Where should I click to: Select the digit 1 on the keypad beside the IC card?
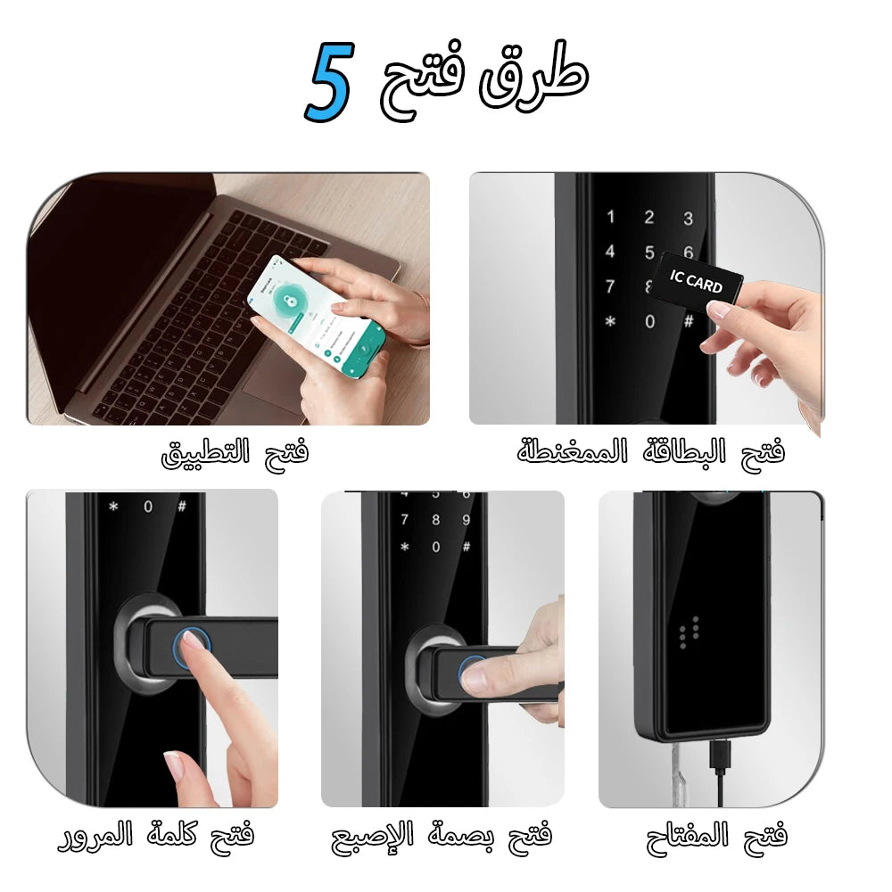[611, 217]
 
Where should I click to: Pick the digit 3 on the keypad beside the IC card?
[688, 218]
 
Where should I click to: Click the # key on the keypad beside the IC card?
[688, 321]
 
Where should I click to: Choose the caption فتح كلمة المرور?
[156, 836]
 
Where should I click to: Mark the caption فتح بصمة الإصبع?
[442, 836]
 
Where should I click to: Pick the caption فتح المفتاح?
[717, 836]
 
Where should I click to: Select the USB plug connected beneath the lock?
[720, 758]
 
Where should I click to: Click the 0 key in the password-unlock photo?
[147, 507]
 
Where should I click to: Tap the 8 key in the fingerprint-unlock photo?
[435, 520]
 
